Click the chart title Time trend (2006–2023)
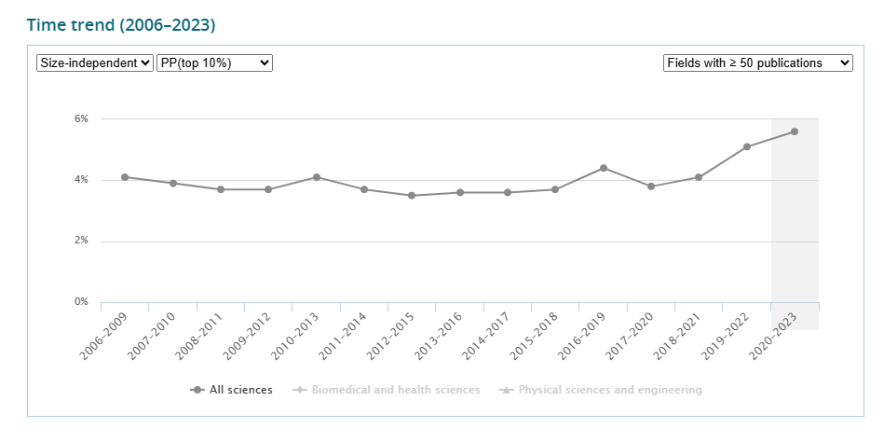click(121, 25)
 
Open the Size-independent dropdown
click(94, 62)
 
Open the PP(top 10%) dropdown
click(214, 62)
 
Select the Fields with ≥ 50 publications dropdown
click(757, 62)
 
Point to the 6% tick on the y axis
click(82, 118)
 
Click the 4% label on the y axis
click(82, 180)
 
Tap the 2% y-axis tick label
click(82, 241)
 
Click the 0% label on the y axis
click(82, 302)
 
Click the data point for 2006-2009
click(125, 177)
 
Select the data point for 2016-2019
click(604, 168)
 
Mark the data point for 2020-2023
click(795, 131)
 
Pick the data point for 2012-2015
click(412, 196)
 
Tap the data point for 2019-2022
click(747, 146)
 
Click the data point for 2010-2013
click(317, 177)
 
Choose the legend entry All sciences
click(232, 390)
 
